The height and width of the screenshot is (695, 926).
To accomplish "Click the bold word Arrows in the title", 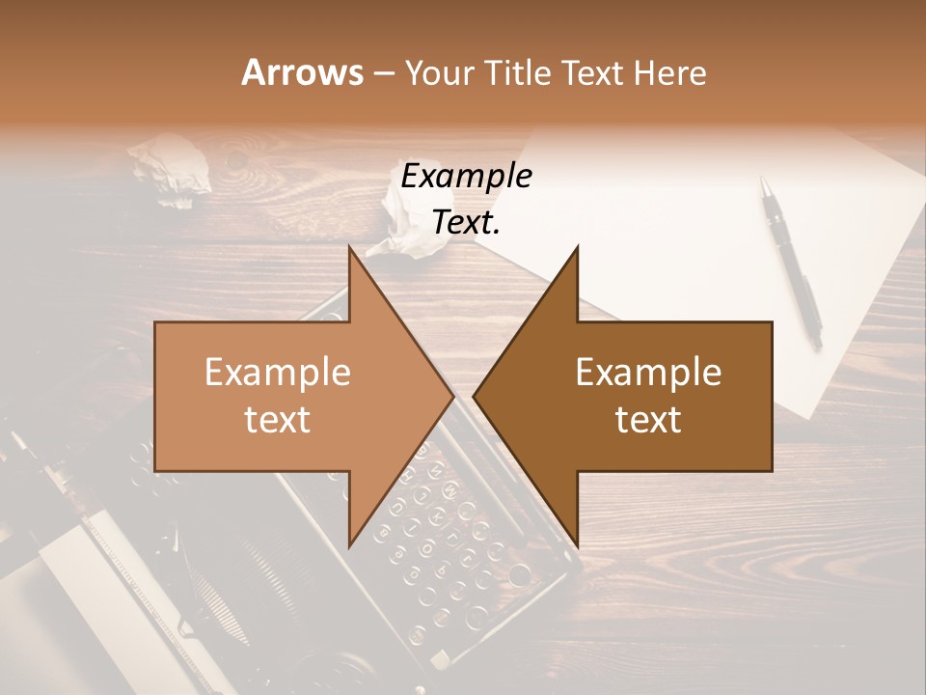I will pos(302,72).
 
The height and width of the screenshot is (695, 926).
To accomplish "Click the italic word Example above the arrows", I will pos(467,177).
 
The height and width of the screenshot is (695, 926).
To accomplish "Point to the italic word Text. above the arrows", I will pos(467,223).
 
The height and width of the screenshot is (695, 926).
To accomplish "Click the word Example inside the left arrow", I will pos(277,373).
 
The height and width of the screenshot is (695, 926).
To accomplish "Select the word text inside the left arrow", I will pos(277,420).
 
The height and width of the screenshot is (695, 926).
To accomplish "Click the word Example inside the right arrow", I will pos(648,373).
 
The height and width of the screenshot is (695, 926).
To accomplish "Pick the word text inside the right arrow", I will pos(648,420).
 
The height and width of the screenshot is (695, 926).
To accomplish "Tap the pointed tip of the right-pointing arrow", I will pos(452,396).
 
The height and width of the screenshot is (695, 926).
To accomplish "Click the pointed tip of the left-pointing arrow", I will pos(475,396).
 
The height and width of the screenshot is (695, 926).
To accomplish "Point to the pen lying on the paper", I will pos(791,261).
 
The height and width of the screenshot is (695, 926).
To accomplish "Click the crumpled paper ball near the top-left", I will pos(174,169).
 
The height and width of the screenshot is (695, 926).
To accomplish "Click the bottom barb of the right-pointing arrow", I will pos(351,541).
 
